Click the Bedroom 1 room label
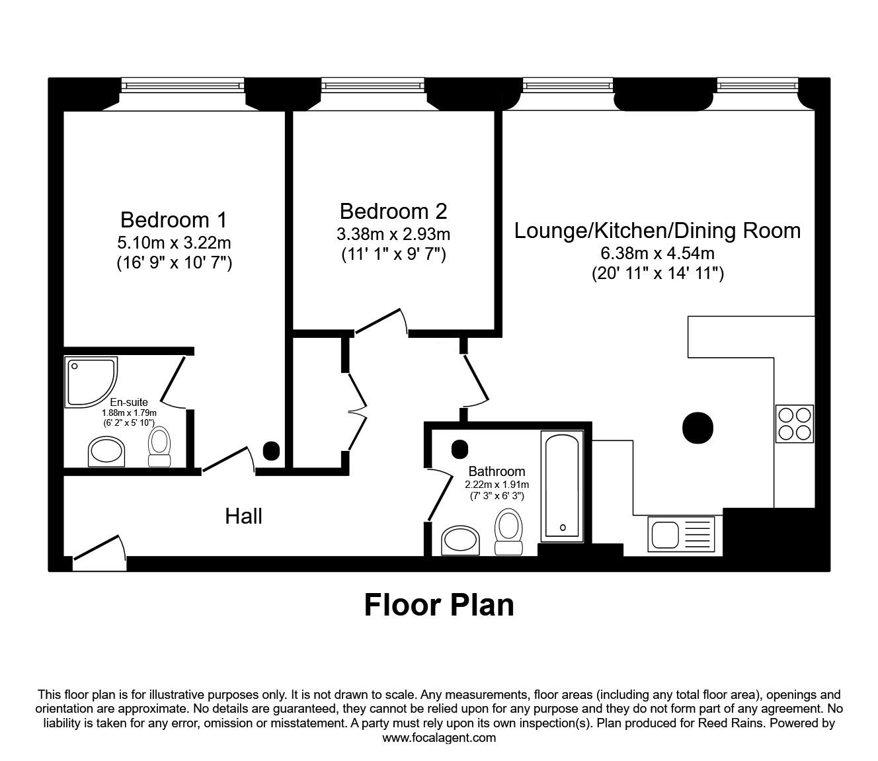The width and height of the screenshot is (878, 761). pyautogui.click(x=174, y=219)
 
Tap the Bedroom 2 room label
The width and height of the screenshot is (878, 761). pyautogui.click(x=393, y=211)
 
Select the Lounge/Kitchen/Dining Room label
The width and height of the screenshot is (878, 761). pyautogui.click(x=657, y=230)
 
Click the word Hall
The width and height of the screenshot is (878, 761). pyautogui.click(x=243, y=516)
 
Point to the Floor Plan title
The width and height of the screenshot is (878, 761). pyautogui.click(x=439, y=604)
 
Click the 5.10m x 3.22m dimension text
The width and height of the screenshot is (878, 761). pyautogui.click(x=174, y=243)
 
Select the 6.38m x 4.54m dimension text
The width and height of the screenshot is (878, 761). pyautogui.click(x=657, y=253)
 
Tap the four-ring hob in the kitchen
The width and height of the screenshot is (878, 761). pyautogui.click(x=794, y=424)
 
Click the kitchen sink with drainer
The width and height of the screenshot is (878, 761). pyautogui.click(x=682, y=534)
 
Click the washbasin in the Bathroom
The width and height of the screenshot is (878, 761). pyautogui.click(x=461, y=540)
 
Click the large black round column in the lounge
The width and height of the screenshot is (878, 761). pyautogui.click(x=697, y=428)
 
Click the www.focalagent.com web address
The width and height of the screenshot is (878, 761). pyautogui.click(x=439, y=738)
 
